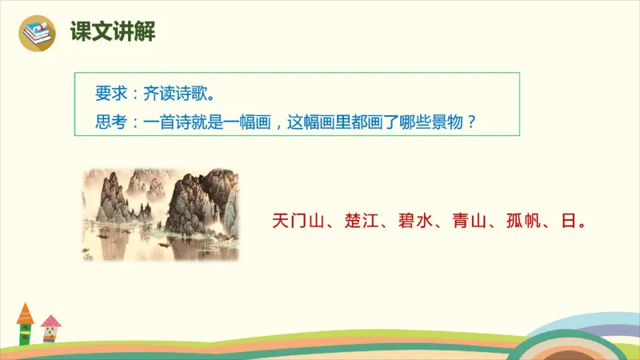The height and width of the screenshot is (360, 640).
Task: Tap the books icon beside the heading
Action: (37, 33)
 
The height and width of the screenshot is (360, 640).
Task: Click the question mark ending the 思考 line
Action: (471, 123)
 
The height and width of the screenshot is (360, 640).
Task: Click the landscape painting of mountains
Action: (161, 214)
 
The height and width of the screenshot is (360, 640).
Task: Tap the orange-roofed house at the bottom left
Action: (26, 323)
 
